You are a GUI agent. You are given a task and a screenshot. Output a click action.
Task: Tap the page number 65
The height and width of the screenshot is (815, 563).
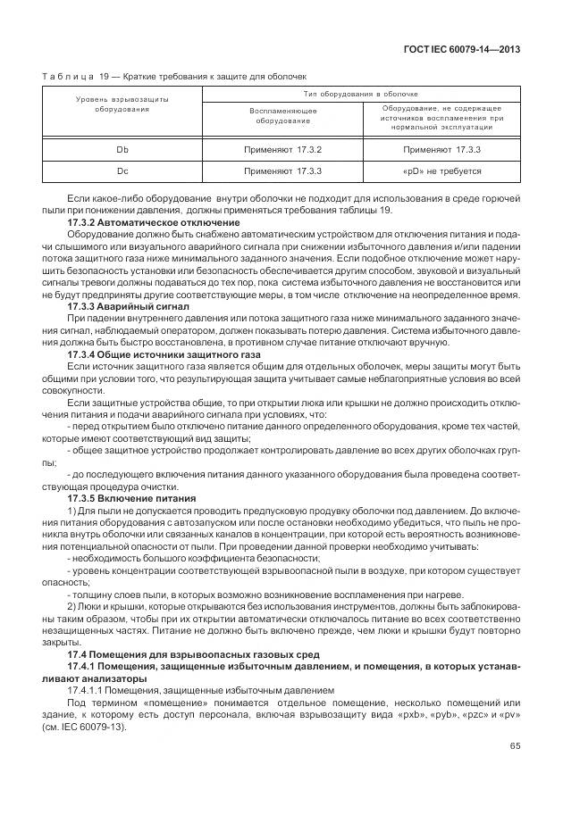click(x=515, y=746)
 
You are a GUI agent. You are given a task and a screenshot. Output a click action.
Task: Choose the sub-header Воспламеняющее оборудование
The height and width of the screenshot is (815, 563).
click(x=282, y=115)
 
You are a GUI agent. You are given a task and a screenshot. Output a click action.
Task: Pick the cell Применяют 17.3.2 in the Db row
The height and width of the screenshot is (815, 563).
click(x=282, y=149)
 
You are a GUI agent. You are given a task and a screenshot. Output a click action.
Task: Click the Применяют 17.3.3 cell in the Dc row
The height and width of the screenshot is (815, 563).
click(x=282, y=170)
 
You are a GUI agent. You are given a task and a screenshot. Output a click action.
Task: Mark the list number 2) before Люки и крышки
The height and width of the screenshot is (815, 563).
click(x=72, y=604)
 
